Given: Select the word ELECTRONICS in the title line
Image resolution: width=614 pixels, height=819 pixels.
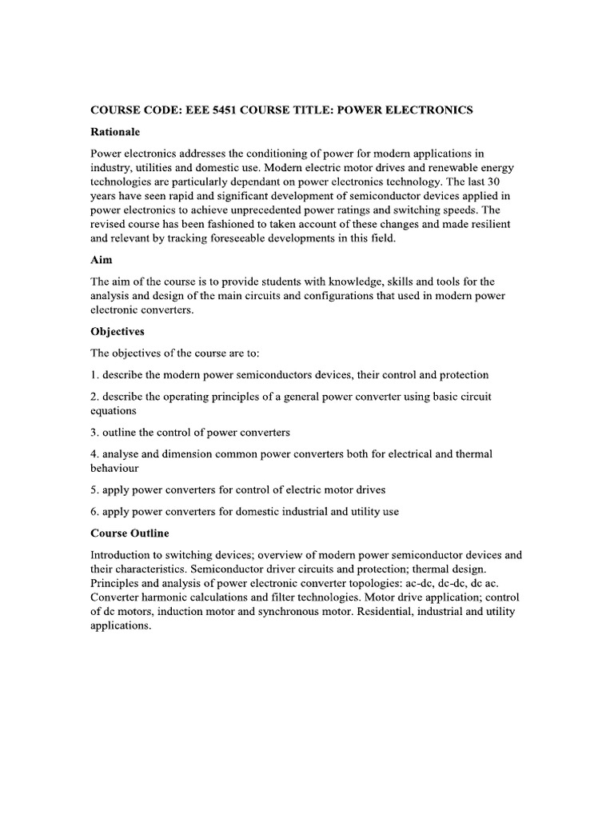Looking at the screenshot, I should coord(429,110).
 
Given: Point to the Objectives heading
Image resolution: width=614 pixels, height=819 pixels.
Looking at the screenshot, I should coord(118,331).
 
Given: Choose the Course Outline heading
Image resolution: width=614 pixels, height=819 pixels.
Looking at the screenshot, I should coord(130,533).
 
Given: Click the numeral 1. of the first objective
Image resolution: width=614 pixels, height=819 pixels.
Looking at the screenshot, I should coord(94,374).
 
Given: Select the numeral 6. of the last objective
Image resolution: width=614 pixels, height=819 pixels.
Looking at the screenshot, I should coord(94,511).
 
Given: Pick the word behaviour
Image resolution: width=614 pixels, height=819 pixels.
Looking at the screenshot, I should coord(115,468).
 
